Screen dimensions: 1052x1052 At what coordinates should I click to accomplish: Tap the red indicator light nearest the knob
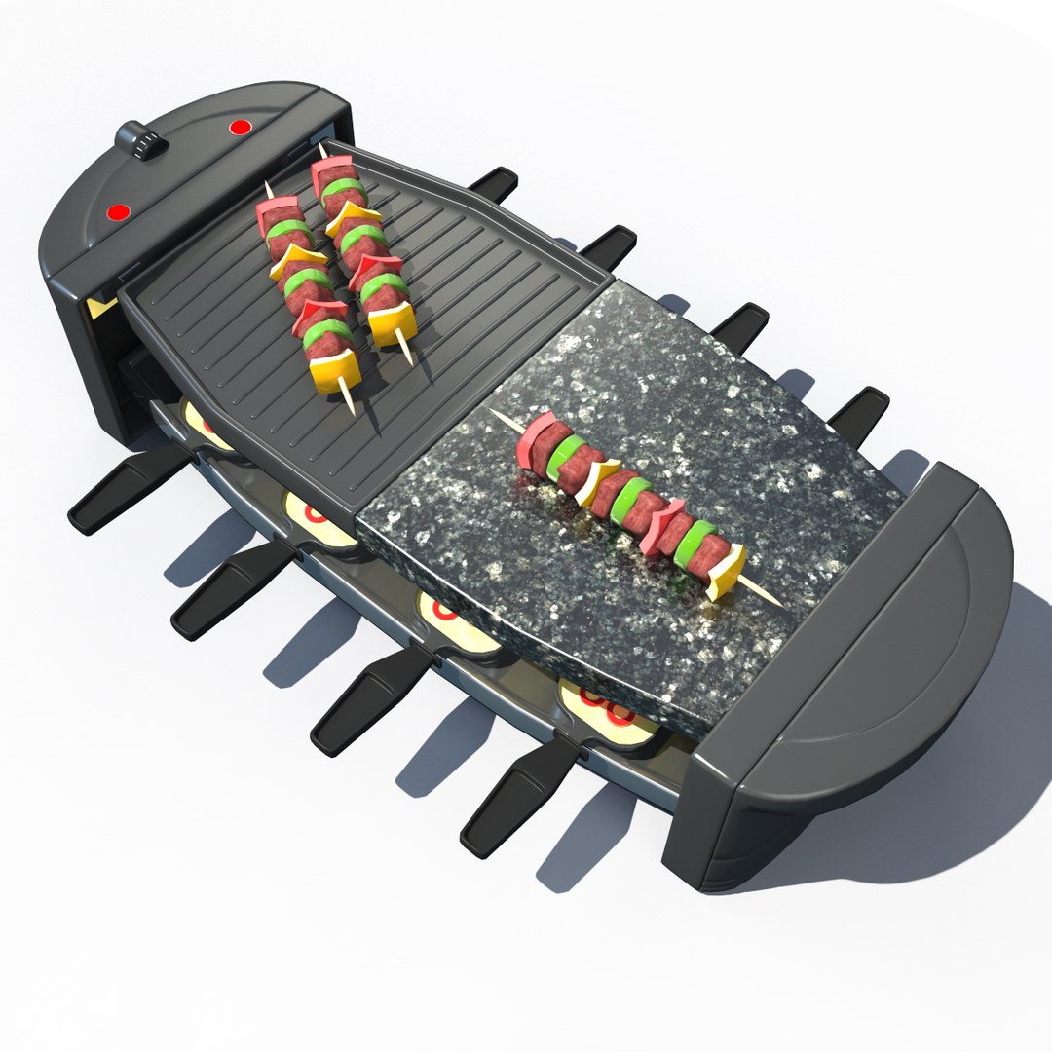(239, 127)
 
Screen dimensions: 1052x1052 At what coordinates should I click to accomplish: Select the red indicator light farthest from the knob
(119, 211)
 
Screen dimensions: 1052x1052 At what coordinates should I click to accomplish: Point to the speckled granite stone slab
(682, 409)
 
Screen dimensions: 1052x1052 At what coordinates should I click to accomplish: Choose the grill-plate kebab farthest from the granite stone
(307, 292)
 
